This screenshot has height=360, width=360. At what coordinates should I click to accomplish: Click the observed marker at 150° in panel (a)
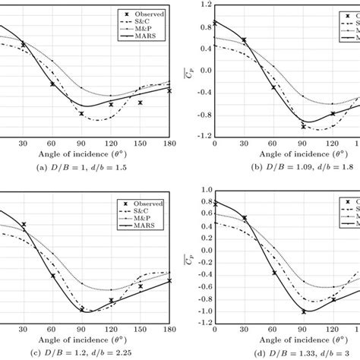[140, 102]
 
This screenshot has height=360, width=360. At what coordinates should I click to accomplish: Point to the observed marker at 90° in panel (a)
[81, 114]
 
